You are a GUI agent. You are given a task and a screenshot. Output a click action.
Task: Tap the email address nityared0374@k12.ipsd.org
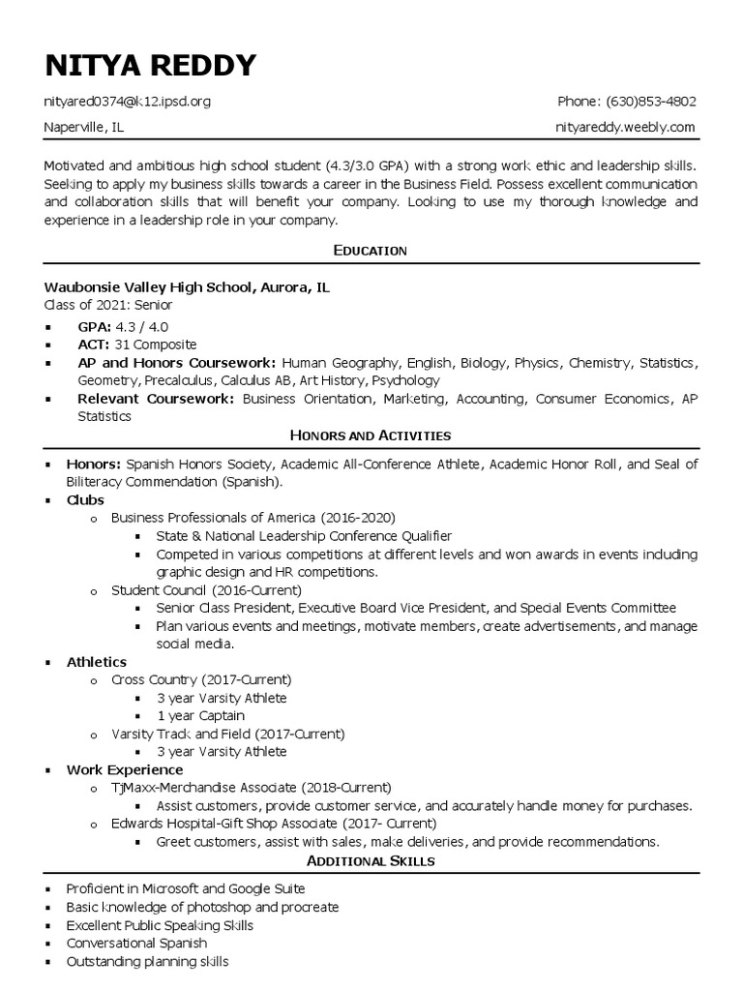pos(127,102)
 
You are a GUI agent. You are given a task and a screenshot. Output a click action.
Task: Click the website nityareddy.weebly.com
pos(626,127)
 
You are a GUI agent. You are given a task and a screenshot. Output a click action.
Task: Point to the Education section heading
pos(371,251)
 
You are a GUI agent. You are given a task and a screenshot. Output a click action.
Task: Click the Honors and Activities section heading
pos(371,436)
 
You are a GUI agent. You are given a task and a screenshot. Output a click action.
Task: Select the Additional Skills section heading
pos(371,860)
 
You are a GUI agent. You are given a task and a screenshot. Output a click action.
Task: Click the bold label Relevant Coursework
pos(156,399)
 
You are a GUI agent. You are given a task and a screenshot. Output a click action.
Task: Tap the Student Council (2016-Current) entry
pos(206,589)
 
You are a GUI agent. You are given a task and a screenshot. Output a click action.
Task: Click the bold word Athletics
pos(97,662)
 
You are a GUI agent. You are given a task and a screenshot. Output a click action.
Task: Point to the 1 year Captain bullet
pos(200,716)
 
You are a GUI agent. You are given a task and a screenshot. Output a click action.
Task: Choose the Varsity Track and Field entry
pos(227,735)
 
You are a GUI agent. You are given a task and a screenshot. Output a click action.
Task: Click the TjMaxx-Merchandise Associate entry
pos(252,788)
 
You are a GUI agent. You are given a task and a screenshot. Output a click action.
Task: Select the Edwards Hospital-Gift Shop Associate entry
pos(274,824)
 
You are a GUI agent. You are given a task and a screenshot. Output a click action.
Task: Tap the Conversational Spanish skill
pos(136,943)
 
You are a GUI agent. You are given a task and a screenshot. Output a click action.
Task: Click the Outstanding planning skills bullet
pos(147,961)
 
